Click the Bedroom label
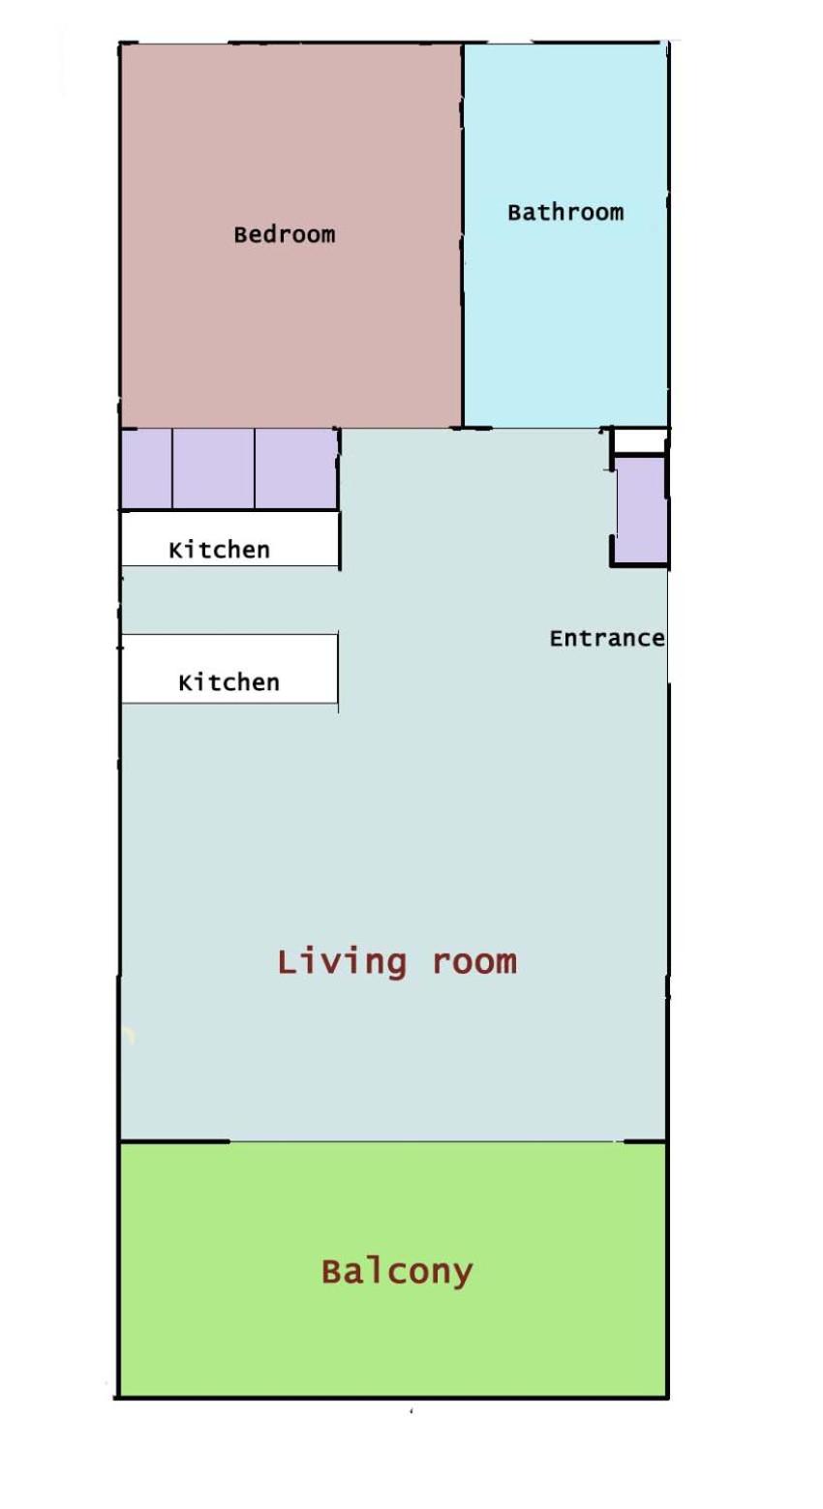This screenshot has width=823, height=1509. point(285,234)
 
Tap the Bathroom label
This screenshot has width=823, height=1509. point(565,212)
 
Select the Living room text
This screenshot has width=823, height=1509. point(397,962)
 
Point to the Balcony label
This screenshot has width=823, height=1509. point(397,1273)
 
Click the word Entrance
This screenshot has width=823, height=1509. point(607,638)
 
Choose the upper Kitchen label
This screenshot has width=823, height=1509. point(219,550)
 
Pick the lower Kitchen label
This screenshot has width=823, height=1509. point(229,682)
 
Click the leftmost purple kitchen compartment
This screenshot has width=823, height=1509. point(147,468)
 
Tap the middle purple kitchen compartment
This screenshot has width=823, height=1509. point(214,468)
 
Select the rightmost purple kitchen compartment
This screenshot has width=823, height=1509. point(296,468)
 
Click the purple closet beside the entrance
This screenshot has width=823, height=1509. point(641,510)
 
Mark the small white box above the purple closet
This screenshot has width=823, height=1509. point(639,441)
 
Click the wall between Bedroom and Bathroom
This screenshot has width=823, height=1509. point(463,235)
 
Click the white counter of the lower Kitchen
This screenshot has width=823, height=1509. point(229,669)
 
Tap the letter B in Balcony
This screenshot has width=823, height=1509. point(331,1271)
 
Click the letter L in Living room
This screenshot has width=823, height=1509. point(287,961)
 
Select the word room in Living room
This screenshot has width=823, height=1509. point(474,964)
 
